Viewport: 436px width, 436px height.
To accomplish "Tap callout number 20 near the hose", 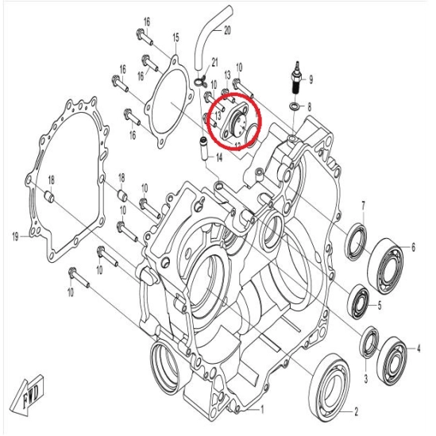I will click(227, 30).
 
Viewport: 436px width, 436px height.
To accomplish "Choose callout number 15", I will click(176, 37).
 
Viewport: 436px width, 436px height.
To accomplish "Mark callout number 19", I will click(15, 236).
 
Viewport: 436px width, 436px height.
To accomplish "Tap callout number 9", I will click(311, 79).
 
